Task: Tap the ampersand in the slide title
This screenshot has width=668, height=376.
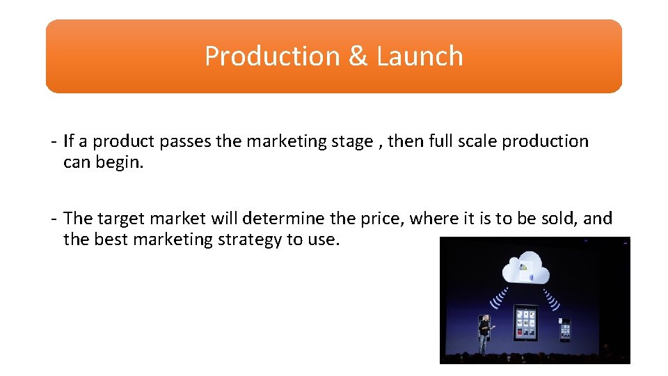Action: point(358,56)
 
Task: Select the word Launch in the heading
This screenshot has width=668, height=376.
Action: point(420,56)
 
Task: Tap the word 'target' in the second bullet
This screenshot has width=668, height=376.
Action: point(122,219)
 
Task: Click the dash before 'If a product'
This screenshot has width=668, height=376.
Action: point(54,141)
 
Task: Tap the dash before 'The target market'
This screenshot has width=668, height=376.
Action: point(54,219)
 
